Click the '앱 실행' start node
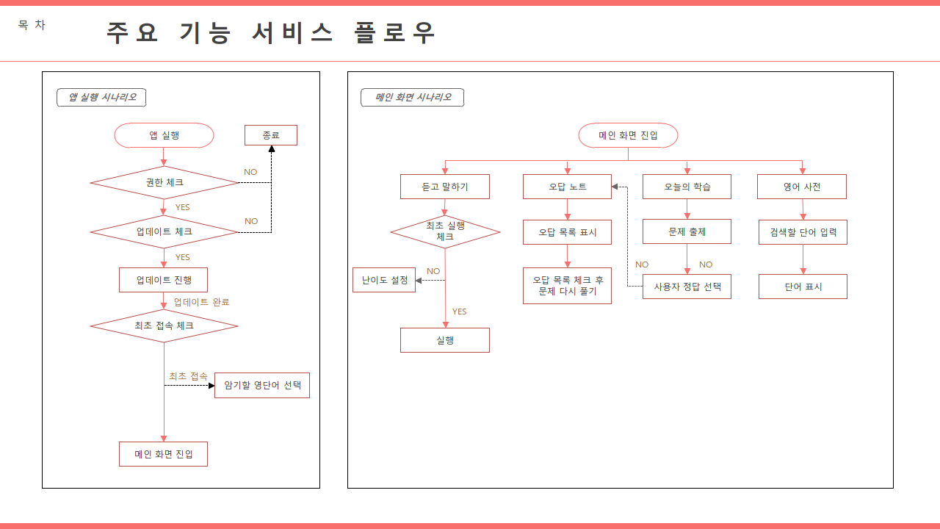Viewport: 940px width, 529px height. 164,135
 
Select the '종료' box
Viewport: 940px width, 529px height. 271,135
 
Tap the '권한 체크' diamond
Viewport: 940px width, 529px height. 164,182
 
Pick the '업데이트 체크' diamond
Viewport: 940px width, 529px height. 164,231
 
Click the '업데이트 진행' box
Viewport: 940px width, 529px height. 164,280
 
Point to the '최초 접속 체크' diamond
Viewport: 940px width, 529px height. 164,325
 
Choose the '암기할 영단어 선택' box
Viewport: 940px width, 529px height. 262,386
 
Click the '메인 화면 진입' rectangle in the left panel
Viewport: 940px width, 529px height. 164,454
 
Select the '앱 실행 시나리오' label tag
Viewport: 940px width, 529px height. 101,97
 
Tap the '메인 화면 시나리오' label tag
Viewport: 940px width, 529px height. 412,97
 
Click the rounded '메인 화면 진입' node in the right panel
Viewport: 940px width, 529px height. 628,135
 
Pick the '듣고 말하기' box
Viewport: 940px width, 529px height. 445,187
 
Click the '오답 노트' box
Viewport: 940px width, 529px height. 567,187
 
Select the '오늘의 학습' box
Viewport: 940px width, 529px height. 687,187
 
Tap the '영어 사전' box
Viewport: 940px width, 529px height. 802,187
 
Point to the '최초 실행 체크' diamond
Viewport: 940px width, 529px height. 445,231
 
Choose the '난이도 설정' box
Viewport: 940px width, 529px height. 384,280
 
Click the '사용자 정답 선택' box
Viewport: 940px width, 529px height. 687,287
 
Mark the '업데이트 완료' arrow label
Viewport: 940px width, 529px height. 202,302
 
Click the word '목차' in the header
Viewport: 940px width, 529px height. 32,25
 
